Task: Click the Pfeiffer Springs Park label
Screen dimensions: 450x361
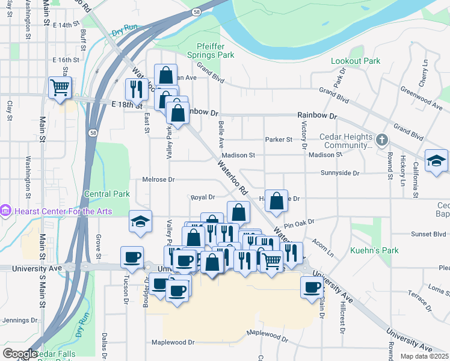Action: coord(215,50)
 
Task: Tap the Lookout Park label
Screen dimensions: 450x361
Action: coord(356,61)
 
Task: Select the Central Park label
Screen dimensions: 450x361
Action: coord(107,194)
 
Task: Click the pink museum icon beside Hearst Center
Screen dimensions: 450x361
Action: coord(5,210)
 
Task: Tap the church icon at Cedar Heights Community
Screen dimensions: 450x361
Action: coord(381,140)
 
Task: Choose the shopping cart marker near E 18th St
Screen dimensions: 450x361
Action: coord(60,88)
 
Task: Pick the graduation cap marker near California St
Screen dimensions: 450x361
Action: coord(436,161)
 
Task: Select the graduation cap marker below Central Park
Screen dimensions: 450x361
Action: coord(140,222)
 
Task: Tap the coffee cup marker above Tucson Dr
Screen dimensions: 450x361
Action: coord(132,258)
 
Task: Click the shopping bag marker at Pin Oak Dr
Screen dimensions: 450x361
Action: coord(276,202)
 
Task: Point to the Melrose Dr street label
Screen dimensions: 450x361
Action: coord(158,179)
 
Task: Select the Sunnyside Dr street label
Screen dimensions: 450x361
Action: coord(340,173)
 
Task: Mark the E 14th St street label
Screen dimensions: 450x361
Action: coord(66,25)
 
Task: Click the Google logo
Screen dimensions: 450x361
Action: coord(20,354)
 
